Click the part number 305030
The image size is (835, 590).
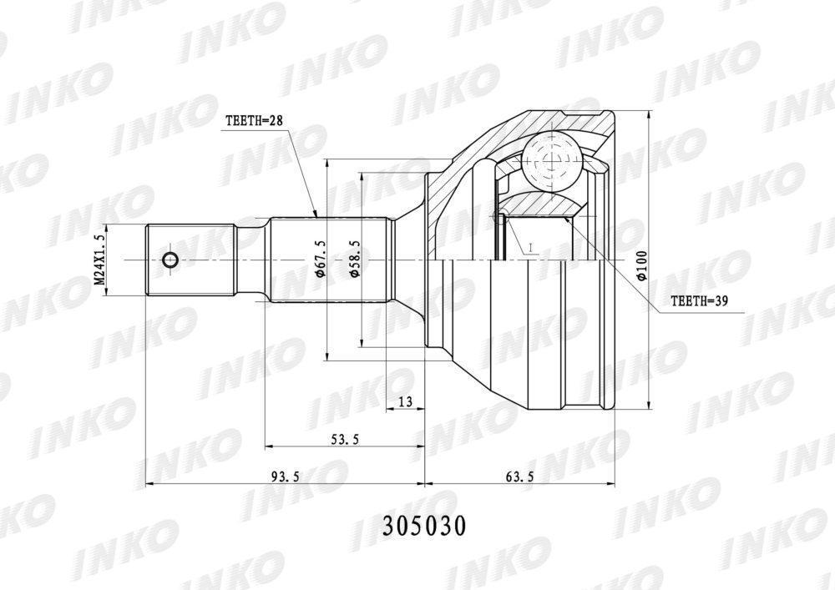pyautogui.click(x=424, y=526)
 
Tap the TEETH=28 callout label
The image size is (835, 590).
pyautogui.click(x=255, y=121)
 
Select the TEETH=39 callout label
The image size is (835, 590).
pyautogui.click(x=699, y=301)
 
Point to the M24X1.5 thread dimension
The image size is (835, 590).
pyautogui.click(x=99, y=260)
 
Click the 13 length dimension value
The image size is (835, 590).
pyautogui.click(x=405, y=401)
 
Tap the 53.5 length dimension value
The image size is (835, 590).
pyautogui.click(x=345, y=439)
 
